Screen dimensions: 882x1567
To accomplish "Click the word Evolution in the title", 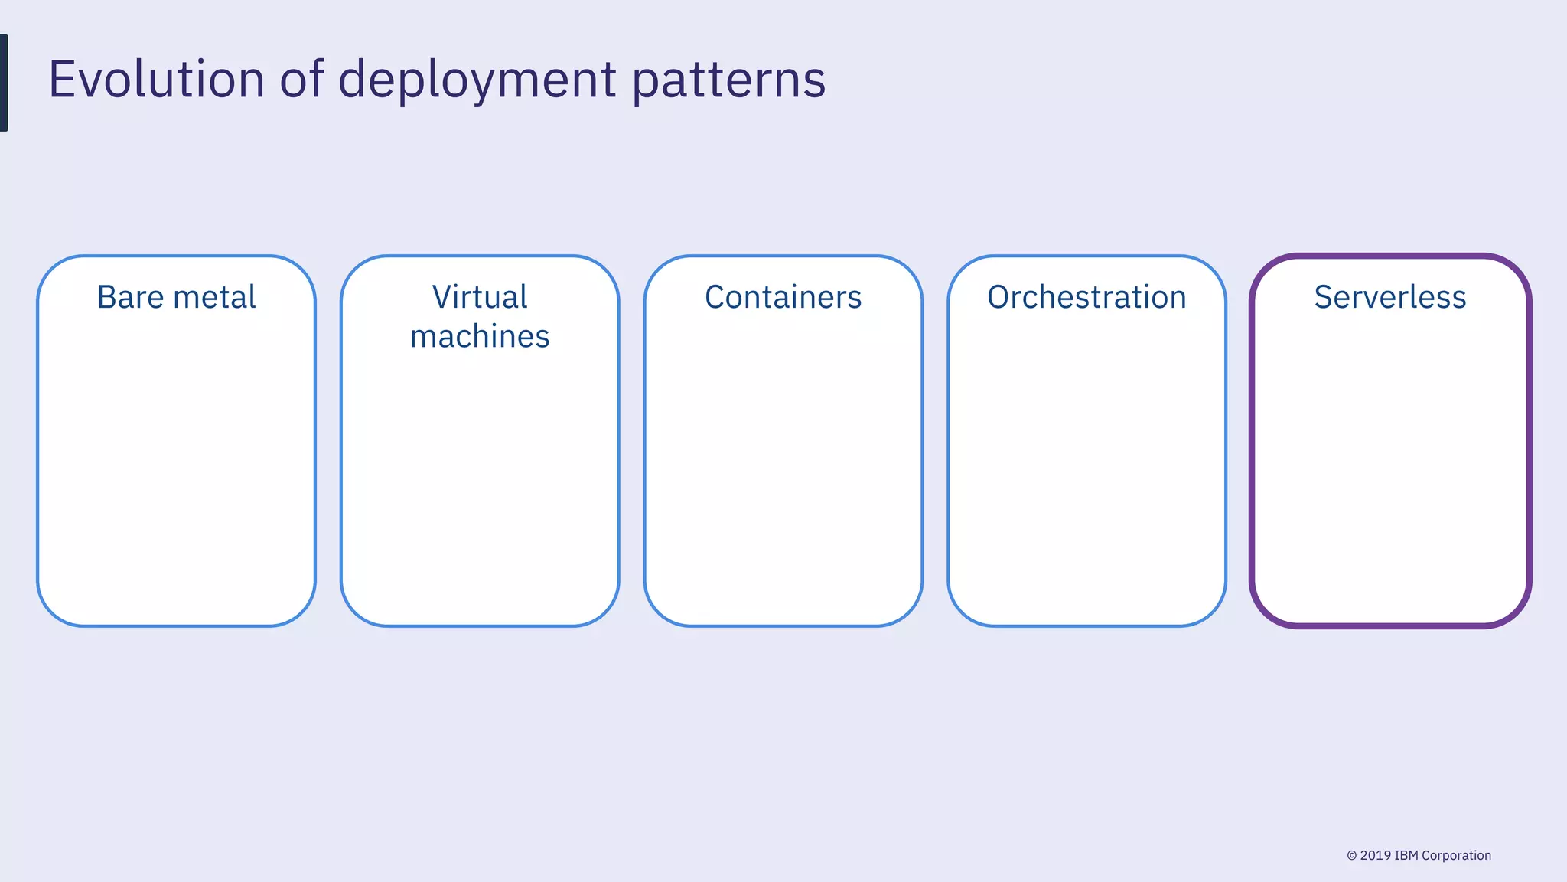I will pyautogui.click(x=156, y=80).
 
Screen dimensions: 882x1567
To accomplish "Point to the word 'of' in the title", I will pyautogui.click(x=301, y=80).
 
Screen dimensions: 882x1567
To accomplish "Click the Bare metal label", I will pyautogui.click(x=176, y=297).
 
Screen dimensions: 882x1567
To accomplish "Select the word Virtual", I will pyautogui.click(x=480, y=297).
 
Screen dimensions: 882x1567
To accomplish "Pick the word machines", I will pyautogui.click(x=480, y=337).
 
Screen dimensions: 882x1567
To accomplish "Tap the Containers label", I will pyautogui.click(x=783, y=297).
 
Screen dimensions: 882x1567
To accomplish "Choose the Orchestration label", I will pyautogui.click(x=1086, y=297).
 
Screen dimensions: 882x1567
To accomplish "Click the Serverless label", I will pyautogui.click(x=1389, y=297).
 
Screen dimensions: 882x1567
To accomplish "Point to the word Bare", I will pyautogui.click(x=130, y=297).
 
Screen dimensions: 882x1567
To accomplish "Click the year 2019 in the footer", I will pyautogui.click(x=1376, y=855).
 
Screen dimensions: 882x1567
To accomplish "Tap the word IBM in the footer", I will pyautogui.click(x=1406, y=855).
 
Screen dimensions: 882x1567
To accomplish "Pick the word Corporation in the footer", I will pyautogui.click(x=1456, y=855).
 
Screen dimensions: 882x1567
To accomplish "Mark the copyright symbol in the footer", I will pyautogui.click(x=1352, y=856).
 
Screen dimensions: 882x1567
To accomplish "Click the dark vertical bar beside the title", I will pyautogui.click(x=4, y=83).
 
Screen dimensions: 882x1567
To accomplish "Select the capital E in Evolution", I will pyautogui.click(x=63, y=80).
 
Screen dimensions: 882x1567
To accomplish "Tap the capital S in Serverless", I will pyautogui.click(x=1325, y=297).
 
